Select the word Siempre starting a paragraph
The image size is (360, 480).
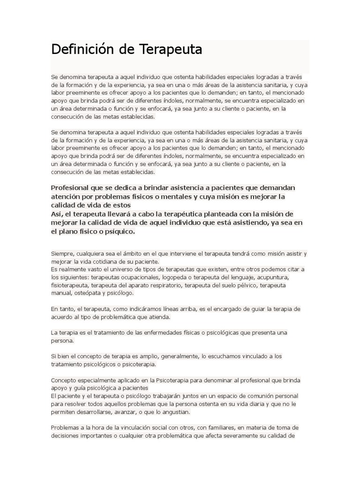(x=62, y=254)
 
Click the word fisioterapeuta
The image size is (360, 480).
(x=69, y=285)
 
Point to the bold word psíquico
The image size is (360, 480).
(x=120, y=232)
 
